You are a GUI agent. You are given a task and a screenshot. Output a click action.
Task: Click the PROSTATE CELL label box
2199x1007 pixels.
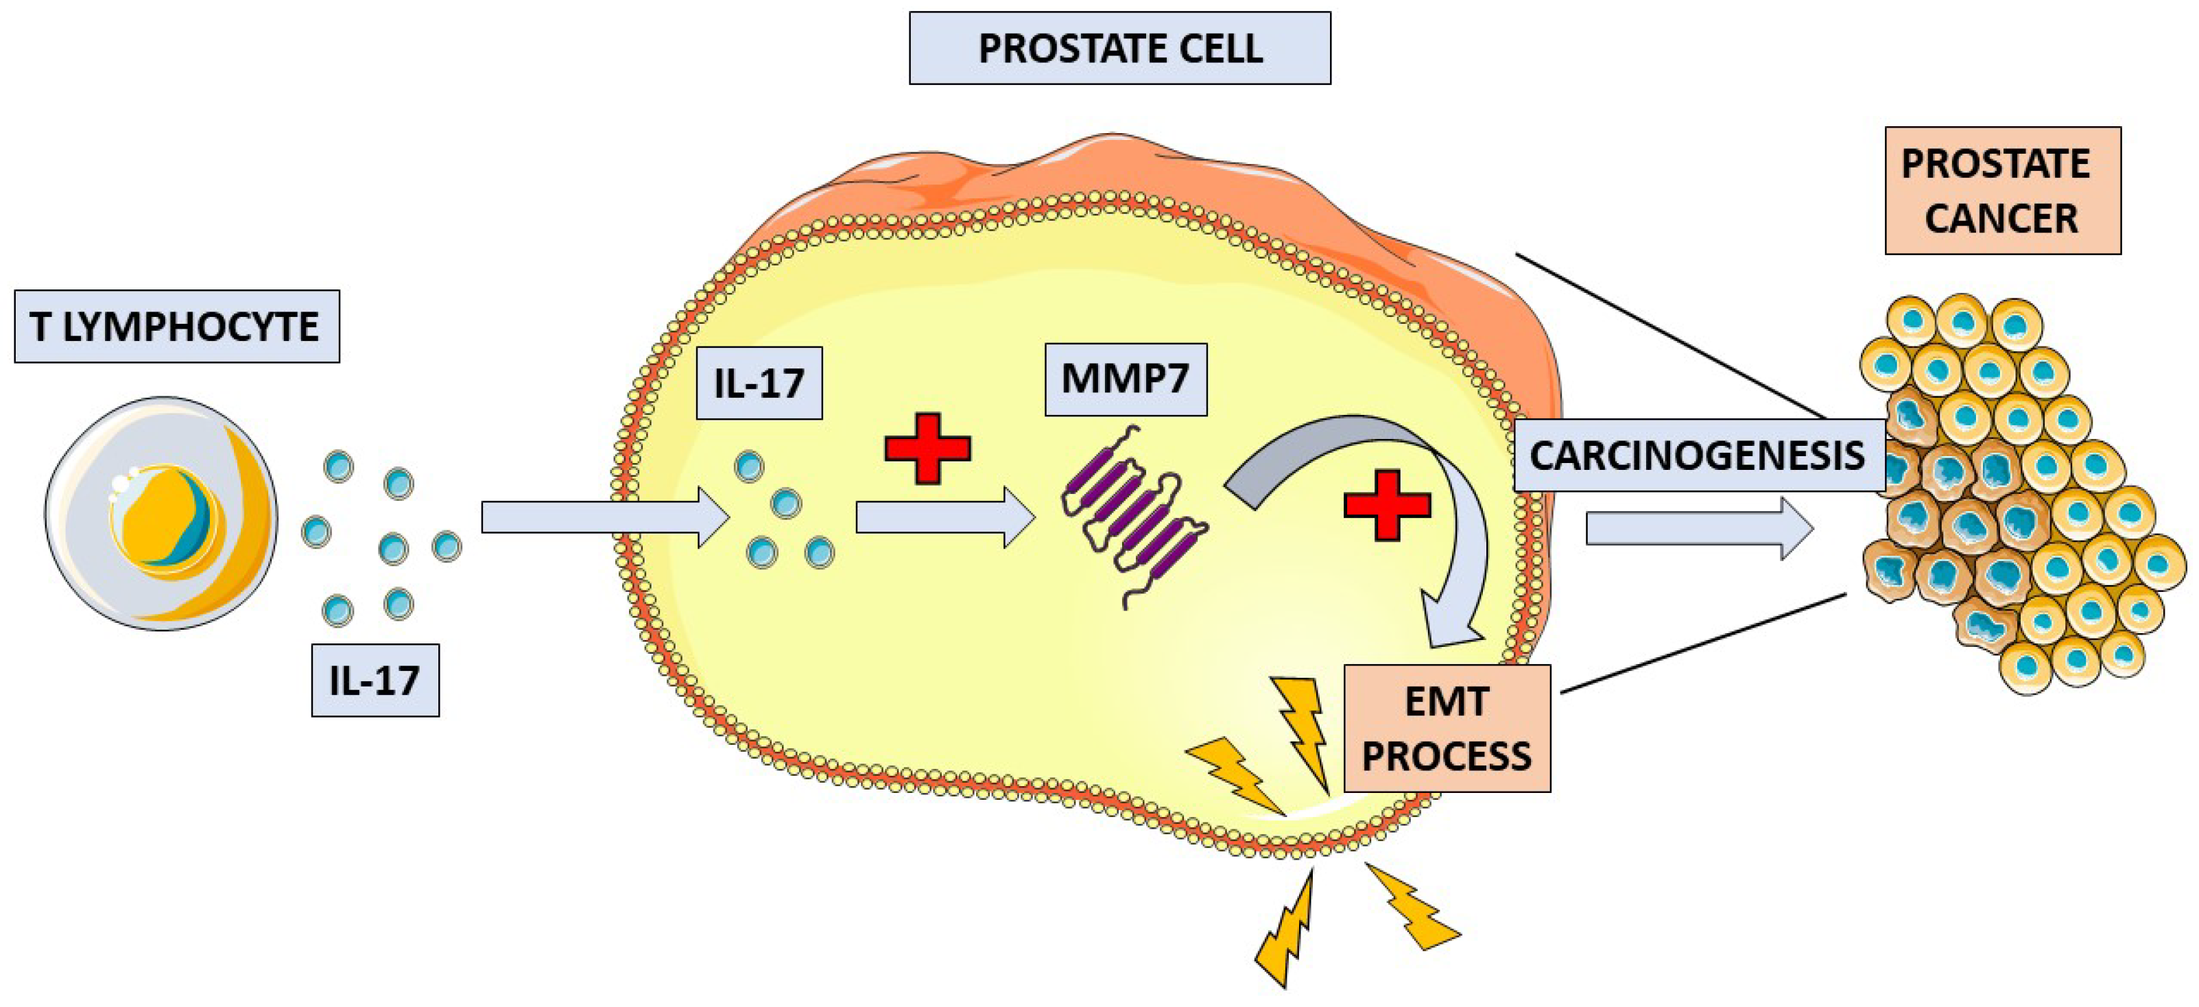(x=1119, y=48)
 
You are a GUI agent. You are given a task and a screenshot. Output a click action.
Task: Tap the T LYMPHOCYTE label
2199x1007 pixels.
(x=177, y=327)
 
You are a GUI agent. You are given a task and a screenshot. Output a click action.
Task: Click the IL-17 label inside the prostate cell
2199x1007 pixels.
(x=759, y=383)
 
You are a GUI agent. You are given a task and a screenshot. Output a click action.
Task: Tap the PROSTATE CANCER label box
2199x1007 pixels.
(x=2002, y=190)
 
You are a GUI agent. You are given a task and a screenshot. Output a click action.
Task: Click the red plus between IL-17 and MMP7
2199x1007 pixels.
(x=927, y=449)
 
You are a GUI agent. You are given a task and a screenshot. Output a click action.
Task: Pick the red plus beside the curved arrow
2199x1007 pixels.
(x=1386, y=504)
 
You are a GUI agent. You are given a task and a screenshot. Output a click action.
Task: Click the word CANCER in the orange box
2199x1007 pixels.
(x=2001, y=218)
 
